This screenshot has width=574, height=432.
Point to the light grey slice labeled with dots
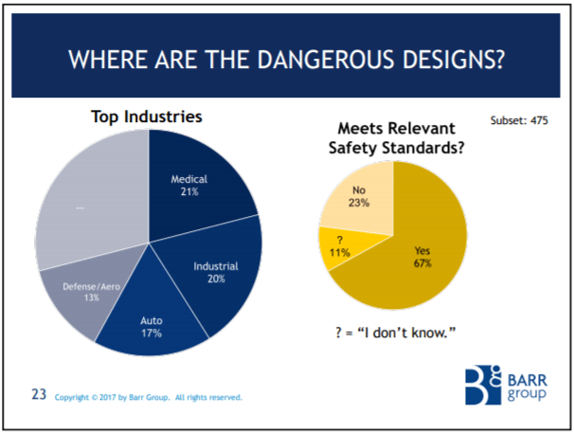(x=85, y=204)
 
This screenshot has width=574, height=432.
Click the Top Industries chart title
(x=147, y=117)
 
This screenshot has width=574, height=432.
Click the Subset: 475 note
(x=520, y=120)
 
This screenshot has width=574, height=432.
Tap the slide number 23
(x=39, y=394)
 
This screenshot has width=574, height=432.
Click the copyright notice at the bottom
(x=149, y=397)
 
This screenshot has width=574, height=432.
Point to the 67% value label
(x=422, y=262)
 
